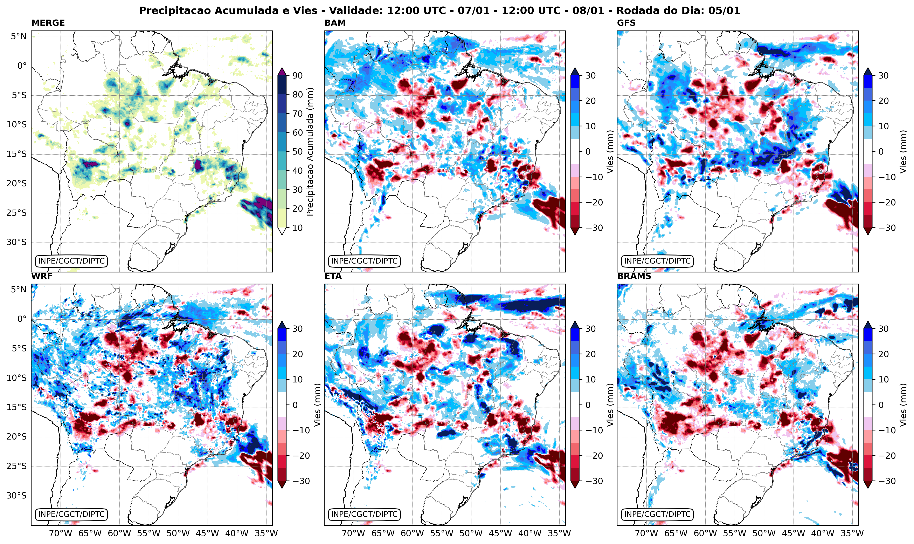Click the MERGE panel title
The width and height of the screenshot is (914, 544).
[48, 23]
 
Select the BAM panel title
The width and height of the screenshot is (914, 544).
[335, 23]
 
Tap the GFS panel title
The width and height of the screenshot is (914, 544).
[626, 23]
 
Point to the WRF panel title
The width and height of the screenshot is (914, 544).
[42, 276]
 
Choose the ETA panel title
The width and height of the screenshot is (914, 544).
[333, 276]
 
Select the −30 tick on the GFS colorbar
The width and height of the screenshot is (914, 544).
[885, 228]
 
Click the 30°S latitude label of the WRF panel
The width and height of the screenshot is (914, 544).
[16, 496]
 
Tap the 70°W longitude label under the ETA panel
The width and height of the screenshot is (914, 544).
[354, 533]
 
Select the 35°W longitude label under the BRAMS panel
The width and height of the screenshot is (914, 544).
[852, 533]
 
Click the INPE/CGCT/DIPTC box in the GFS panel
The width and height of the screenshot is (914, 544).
[657, 261]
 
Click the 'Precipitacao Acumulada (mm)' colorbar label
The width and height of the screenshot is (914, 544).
[310, 152]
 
